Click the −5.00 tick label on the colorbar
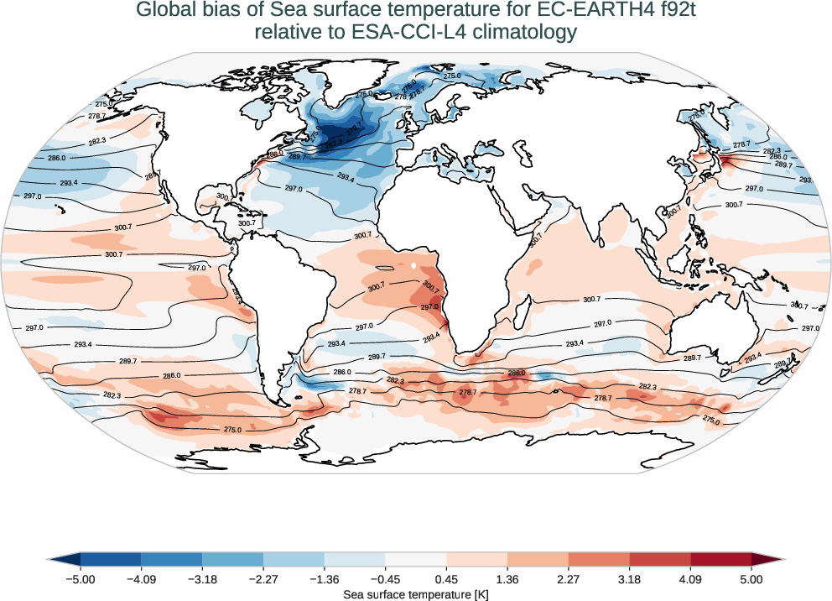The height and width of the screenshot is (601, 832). (x=81, y=579)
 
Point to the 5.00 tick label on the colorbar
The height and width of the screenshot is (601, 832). (x=751, y=579)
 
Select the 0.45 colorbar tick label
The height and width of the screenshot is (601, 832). (x=446, y=579)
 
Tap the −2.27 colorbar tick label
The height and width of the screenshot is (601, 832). (x=263, y=579)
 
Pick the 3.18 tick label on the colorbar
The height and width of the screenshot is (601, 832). (x=629, y=579)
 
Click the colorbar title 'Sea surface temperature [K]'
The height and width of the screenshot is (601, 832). (x=416, y=594)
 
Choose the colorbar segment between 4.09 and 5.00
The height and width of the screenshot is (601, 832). (x=721, y=559)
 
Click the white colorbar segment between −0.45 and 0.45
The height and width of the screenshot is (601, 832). (x=416, y=559)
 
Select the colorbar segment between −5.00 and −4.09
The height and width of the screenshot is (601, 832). (x=111, y=559)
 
